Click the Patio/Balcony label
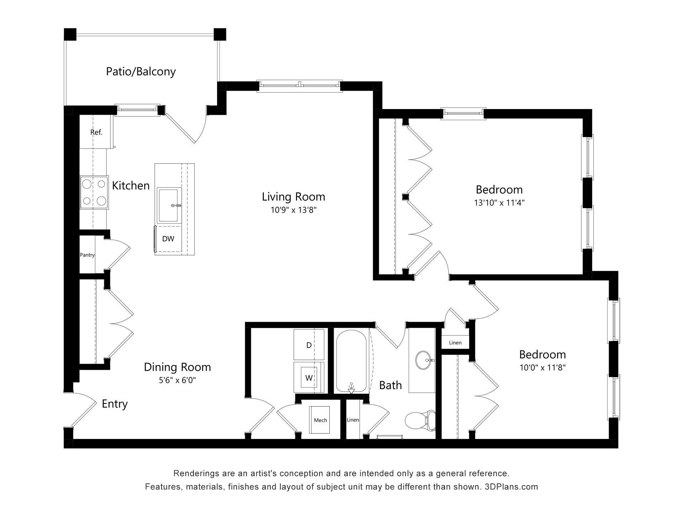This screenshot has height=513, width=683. (141, 72)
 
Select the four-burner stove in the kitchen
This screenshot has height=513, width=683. (94, 193)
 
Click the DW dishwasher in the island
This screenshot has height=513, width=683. (168, 239)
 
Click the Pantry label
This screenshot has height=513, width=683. (87, 255)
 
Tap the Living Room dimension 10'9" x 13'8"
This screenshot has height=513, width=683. (293, 210)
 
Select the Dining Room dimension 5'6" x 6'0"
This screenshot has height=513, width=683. (177, 380)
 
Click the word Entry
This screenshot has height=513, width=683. (115, 404)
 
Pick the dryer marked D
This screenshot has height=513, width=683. (309, 345)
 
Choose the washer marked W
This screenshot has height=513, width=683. (309, 378)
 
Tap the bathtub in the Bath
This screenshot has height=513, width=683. (351, 360)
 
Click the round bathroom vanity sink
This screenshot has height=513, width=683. (423, 360)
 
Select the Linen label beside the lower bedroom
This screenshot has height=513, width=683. (455, 343)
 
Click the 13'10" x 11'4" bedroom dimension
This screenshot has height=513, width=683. (499, 203)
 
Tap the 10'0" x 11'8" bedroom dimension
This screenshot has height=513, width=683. (542, 367)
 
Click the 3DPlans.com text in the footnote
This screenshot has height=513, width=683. (511, 487)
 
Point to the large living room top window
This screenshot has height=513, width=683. (300, 85)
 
